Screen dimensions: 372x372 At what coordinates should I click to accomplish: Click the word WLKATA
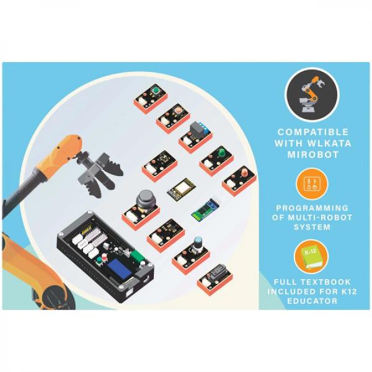[329, 143]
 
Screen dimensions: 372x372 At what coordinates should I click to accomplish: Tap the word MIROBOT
[313, 154]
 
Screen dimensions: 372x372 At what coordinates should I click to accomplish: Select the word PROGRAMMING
[312, 208]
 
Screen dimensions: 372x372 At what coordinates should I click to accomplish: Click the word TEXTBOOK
[325, 282]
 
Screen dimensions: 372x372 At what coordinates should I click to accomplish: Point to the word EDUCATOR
[312, 301]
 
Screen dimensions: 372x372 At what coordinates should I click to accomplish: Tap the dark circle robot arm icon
[312, 95]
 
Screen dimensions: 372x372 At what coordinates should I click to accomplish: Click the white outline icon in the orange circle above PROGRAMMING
[312, 184]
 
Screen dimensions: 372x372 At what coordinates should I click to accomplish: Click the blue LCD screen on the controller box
[120, 269]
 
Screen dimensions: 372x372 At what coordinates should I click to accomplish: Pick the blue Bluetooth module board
[206, 210]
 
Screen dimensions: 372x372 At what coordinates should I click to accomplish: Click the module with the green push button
[151, 99]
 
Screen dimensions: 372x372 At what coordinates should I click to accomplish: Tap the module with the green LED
[216, 161]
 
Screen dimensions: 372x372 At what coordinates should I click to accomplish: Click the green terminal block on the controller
[138, 257]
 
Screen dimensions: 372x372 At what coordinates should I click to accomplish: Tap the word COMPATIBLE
[313, 132]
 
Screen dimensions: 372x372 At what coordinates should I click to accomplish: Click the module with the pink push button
[174, 118]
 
